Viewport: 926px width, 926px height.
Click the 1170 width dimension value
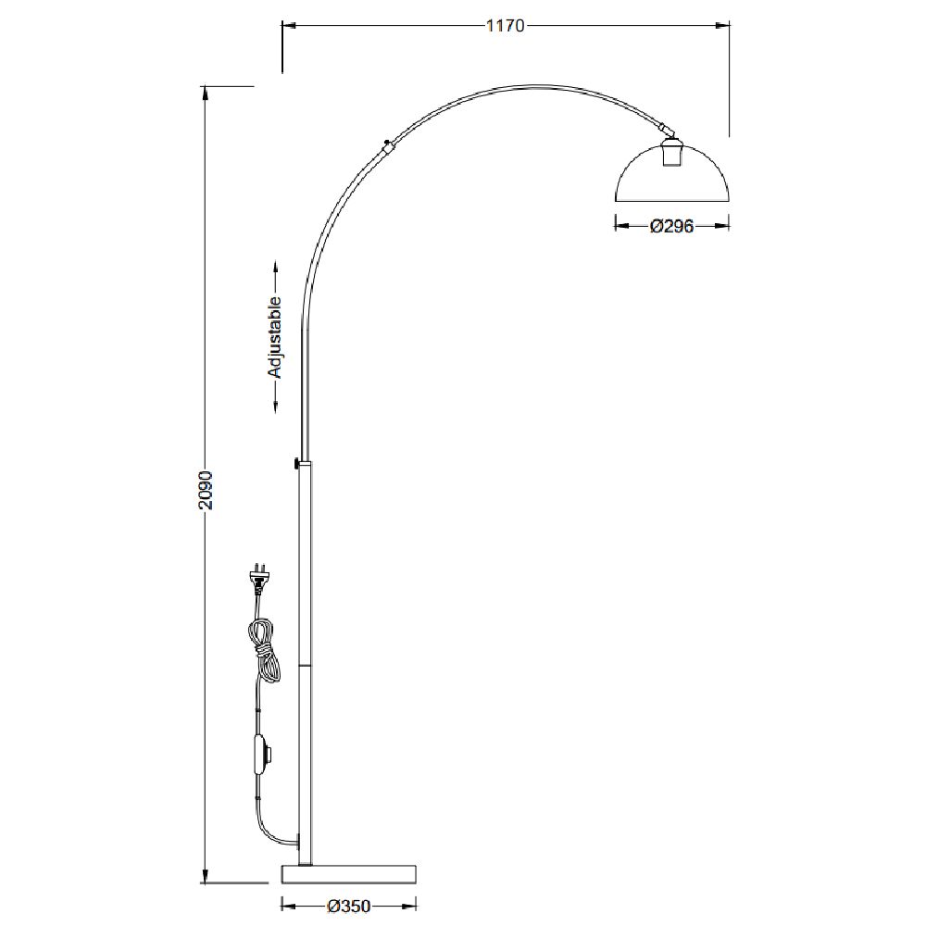coord(505,25)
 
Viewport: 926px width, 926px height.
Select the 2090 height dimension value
coord(205,490)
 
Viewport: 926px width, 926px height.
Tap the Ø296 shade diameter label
coord(671,226)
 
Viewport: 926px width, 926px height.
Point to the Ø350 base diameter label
coord(348,906)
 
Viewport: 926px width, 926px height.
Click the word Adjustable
coord(275,337)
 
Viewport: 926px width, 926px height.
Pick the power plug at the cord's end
coord(258,578)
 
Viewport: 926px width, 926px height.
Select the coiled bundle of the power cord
coord(264,650)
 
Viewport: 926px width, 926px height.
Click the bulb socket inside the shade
coord(671,153)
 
